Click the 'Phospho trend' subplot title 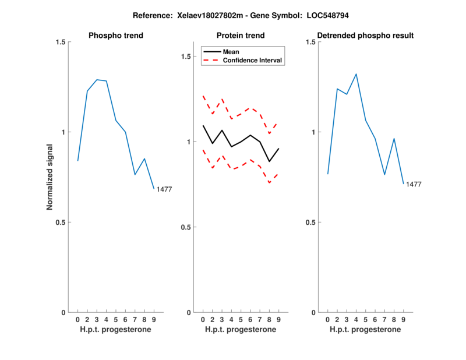click(116, 36)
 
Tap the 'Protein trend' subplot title click(241, 36)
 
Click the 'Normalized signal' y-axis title click(50, 177)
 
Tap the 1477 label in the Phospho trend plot click(164, 189)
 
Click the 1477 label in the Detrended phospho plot click(414, 184)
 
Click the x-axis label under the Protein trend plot click(241, 330)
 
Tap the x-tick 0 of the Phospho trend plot click(77, 320)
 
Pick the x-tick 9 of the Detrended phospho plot click(404, 320)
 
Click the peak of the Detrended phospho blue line click(356, 74)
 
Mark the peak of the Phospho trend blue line click(97, 79)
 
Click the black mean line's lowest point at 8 click(269, 161)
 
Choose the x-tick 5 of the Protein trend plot click(241, 320)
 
